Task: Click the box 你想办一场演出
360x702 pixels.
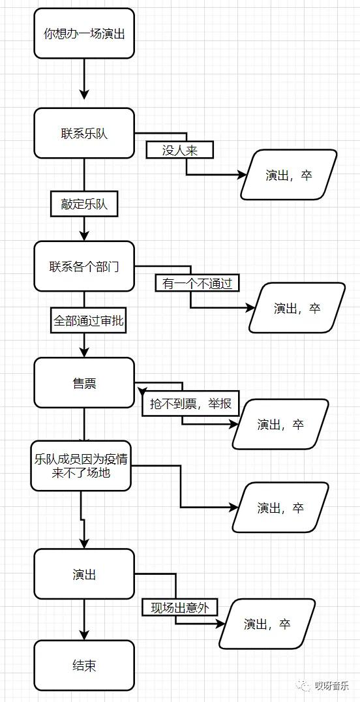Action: (x=84, y=33)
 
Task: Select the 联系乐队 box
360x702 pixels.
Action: (x=84, y=133)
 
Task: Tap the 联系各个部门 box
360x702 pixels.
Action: (x=84, y=266)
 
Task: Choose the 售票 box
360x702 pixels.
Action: (x=84, y=383)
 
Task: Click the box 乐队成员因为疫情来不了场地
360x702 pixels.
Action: (x=81, y=466)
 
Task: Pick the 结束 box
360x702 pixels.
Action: (x=84, y=665)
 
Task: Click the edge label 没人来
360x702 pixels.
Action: (x=179, y=151)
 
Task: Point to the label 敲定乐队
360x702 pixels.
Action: (x=85, y=204)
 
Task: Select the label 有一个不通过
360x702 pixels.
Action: (x=198, y=283)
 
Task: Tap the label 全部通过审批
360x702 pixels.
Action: (x=89, y=320)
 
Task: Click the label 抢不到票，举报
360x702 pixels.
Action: (x=190, y=404)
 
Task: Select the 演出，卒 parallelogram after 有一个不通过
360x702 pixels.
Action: (x=297, y=308)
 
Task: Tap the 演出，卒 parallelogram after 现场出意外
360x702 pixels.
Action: (x=267, y=624)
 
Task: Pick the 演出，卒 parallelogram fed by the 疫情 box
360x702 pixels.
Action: (x=280, y=507)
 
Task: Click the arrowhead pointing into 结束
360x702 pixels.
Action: (x=84, y=635)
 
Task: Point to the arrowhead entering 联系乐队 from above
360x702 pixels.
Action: (x=84, y=94)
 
